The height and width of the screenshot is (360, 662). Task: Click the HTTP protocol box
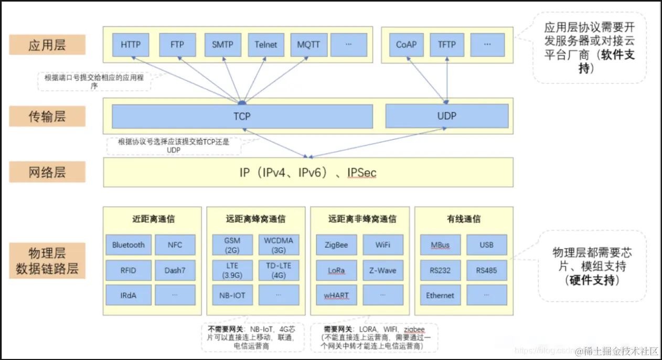(x=131, y=45)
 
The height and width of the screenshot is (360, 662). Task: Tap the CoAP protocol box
(x=406, y=45)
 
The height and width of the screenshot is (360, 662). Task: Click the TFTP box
(x=447, y=45)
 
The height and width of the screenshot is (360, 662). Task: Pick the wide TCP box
(x=242, y=116)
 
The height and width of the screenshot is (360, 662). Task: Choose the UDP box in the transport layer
(x=446, y=115)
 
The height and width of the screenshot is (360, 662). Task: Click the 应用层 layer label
(x=47, y=45)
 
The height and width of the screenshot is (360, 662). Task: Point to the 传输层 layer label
(x=47, y=116)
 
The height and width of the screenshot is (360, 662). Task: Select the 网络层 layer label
(x=47, y=172)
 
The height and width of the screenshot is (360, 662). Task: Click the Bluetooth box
(x=129, y=245)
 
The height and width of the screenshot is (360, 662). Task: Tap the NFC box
(x=175, y=245)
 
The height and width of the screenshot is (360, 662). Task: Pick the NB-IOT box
(x=232, y=295)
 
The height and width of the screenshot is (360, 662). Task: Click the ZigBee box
(x=337, y=245)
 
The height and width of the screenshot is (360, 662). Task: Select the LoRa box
(x=337, y=270)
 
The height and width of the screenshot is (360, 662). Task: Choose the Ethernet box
(x=440, y=295)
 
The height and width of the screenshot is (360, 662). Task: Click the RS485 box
(x=487, y=270)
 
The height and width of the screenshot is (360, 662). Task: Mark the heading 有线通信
(x=464, y=219)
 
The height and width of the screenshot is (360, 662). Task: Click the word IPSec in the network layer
(x=361, y=173)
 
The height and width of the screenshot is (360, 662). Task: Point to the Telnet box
(x=266, y=45)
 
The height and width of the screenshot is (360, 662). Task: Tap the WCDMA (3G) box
(x=279, y=245)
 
